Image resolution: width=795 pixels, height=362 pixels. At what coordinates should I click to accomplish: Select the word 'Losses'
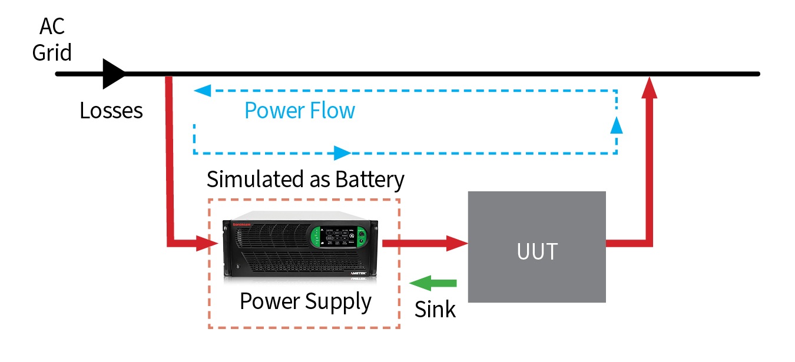tap(111, 110)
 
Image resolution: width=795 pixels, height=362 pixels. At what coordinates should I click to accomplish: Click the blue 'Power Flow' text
tap(300, 110)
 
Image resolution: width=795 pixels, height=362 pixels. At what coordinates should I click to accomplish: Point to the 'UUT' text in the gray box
tap(536, 251)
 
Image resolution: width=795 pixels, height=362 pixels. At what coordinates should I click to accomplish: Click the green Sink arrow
tap(433, 283)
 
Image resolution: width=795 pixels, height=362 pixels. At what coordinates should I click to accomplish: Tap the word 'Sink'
tap(435, 310)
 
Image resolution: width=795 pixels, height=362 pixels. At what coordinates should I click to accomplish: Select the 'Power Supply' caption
tap(305, 301)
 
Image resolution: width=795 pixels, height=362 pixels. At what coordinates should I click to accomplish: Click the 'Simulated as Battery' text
tap(305, 179)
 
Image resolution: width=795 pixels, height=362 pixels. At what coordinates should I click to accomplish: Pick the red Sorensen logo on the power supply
tap(243, 224)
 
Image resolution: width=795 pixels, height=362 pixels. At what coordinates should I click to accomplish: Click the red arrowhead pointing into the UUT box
tap(456, 243)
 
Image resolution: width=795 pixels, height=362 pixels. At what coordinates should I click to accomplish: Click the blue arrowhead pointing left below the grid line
tap(202, 91)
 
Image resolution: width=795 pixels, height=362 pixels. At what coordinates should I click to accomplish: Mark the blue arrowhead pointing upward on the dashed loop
tap(616, 124)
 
